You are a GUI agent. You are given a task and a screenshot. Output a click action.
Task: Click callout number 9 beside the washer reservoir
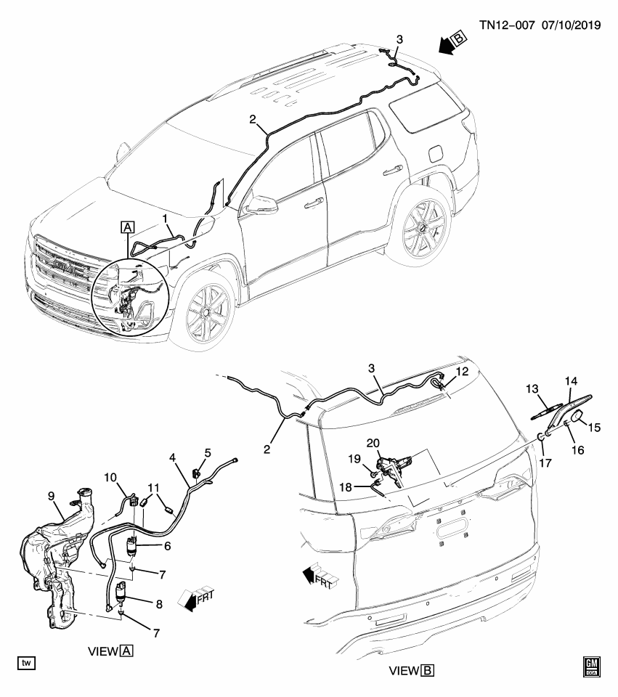51,497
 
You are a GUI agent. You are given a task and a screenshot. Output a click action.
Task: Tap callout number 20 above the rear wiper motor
374,444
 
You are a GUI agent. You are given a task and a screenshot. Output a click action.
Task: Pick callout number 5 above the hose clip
207,453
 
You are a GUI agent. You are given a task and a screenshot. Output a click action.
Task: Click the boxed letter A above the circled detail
128,227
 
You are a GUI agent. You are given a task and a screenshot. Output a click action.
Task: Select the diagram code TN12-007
507,25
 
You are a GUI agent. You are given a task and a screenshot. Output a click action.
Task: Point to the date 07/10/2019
570,25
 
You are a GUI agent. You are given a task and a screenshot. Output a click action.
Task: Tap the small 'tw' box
27,663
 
